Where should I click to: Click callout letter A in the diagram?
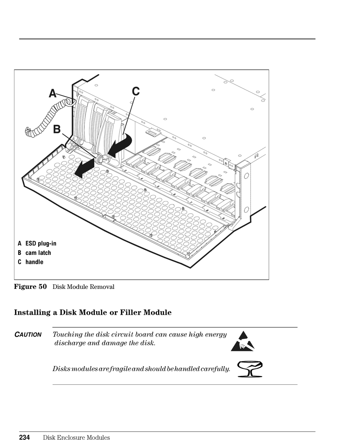point(53,94)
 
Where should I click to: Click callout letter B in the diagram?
point(57,130)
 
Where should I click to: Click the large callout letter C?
point(136,91)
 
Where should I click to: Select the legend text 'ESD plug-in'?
point(41,243)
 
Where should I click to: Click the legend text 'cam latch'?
point(38,253)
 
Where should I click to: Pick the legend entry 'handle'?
point(34,262)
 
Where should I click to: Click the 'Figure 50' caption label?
point(30,287)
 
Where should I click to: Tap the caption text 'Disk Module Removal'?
point(83,287)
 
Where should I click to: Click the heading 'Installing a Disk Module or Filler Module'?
point(93,312)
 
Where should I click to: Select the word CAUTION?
point(28,335)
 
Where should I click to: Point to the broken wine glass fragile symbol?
point(250,369)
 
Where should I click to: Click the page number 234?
point(25,437)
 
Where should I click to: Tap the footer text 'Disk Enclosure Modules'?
point(76,438)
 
